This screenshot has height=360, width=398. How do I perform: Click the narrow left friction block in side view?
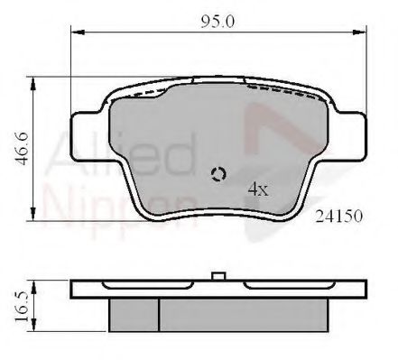[134, 312]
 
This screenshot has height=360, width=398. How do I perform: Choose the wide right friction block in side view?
[242, 312]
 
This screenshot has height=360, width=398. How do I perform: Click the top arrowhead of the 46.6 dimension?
[34, 83]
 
